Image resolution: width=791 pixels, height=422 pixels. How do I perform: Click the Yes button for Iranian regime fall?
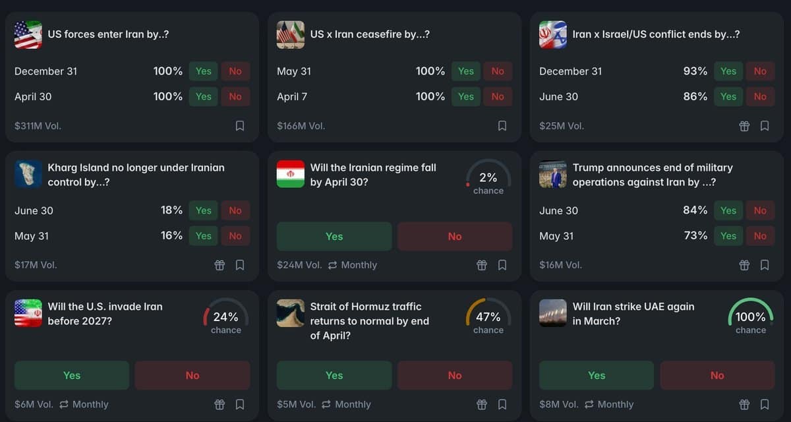[334, 236]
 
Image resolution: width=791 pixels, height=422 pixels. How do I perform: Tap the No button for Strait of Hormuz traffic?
[454, 375]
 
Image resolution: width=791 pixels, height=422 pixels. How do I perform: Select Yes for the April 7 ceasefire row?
[466, 96]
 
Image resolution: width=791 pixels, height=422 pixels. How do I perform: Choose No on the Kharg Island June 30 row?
[235, 210]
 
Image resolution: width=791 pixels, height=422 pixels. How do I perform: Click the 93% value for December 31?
[695, 71]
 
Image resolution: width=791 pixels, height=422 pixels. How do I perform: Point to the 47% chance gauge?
[488, 317]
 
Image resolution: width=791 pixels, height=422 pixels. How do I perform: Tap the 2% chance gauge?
[488, 178]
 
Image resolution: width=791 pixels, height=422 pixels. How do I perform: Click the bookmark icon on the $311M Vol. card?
[240, 125]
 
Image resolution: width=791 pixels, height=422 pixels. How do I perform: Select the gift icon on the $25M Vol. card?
[744, 125]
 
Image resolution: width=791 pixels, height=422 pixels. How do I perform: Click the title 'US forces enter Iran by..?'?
[108, 34]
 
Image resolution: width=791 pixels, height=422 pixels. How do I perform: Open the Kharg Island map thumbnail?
[28, 174]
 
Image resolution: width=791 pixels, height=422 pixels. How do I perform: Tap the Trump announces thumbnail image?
[553, 174]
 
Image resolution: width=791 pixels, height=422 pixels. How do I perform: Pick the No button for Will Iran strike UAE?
[717, 375]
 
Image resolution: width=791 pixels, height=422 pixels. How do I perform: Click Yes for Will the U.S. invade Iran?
[72, 375]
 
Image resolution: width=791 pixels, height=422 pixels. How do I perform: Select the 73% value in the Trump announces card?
[695, 235]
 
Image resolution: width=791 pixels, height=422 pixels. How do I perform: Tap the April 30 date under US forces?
[33, 96]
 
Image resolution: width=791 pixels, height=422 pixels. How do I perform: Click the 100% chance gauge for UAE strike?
[750, 317]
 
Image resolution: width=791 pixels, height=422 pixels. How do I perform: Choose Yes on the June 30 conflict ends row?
[728, 96]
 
